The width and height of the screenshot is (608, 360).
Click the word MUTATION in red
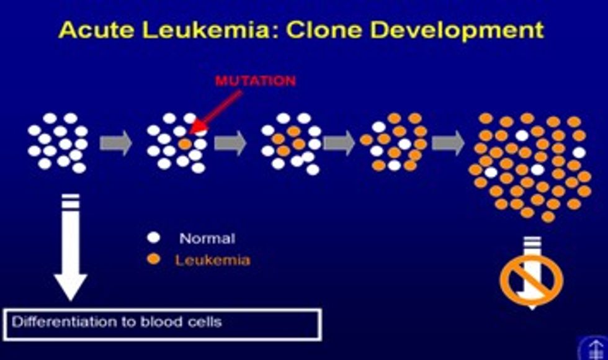coord(256,81)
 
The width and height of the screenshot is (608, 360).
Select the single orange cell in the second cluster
coord(186,143)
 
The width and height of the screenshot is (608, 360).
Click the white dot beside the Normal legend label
coord(154,237)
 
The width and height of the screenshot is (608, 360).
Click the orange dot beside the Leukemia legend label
coord(154,259)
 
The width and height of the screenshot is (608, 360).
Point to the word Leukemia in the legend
coord(213,259)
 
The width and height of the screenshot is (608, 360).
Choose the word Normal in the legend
coord(207,238)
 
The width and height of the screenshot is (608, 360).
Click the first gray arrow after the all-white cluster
coord(116,143)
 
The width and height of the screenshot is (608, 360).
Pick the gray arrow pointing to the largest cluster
coord(448,143)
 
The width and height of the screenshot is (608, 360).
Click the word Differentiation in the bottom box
coord(55,323)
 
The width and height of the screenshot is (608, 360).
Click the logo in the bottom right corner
coord(594,347)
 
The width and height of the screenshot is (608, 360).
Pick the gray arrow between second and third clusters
coord(230,143)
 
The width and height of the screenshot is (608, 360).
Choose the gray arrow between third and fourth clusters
coord(339,143)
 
